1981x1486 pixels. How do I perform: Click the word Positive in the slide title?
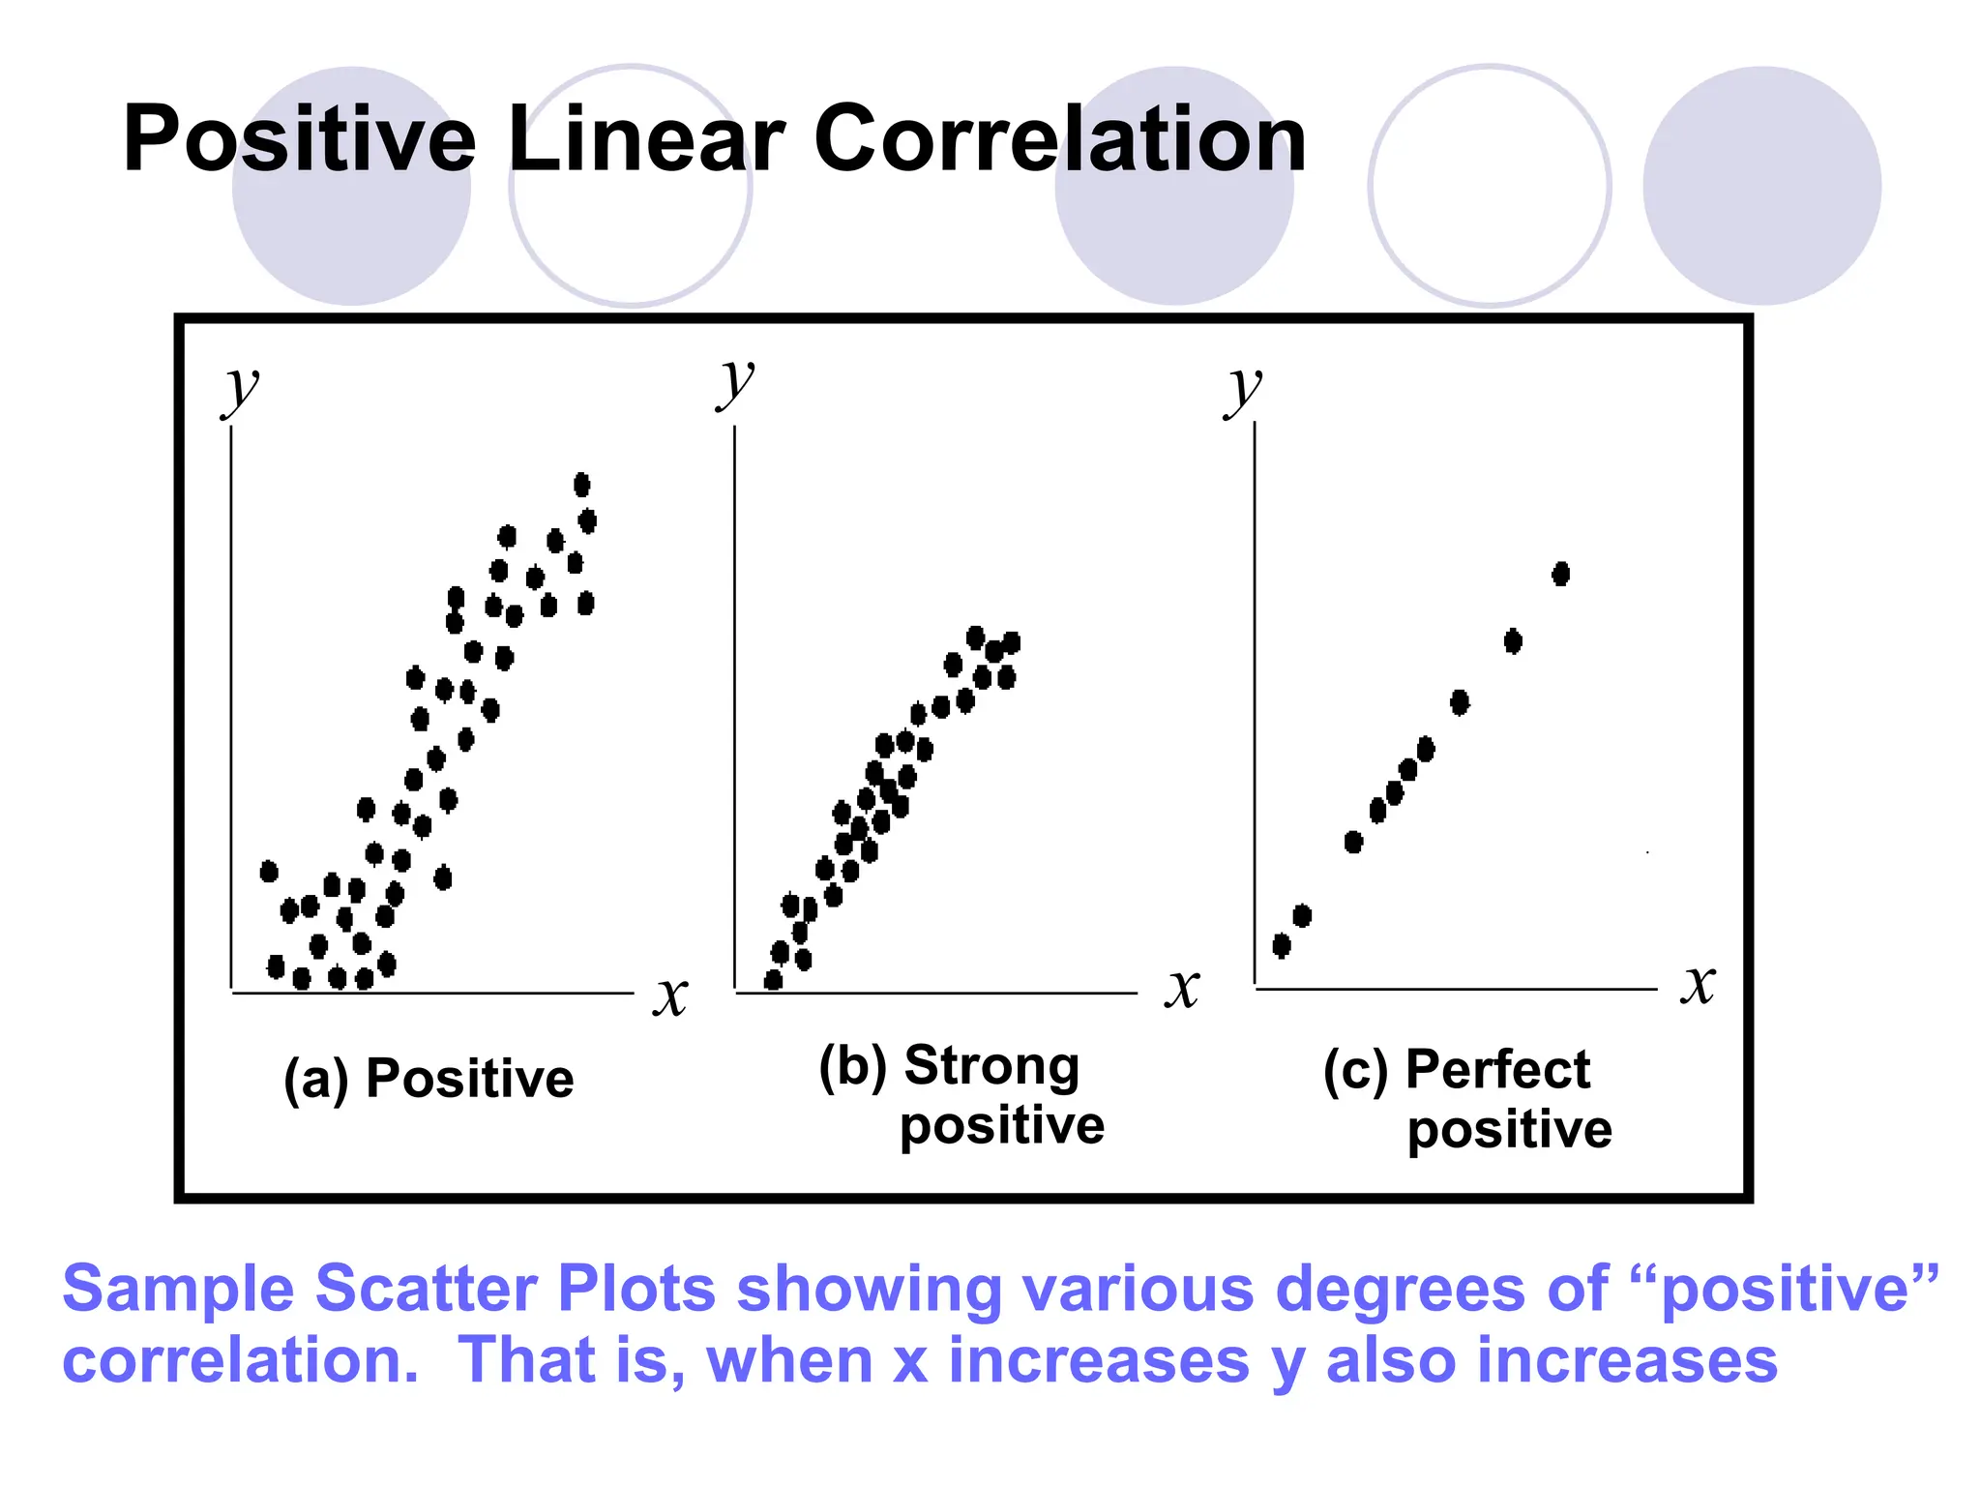coord(299,140)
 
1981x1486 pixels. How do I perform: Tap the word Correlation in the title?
coord(1060,140)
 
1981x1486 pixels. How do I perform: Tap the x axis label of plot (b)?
coord(1182,988)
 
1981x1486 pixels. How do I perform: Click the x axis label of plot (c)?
coord(1698,984)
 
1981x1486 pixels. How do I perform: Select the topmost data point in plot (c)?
coord(1560,574)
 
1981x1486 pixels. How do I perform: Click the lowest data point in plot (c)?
coord(1282,945)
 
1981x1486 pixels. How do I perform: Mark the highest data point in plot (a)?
coord(581,484)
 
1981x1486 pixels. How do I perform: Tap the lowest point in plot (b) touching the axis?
coord(773,981)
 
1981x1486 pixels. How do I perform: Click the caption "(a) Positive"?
coord(429,1079)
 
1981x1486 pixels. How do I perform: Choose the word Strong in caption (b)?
coord(991,1066)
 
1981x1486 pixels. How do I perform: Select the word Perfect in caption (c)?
coord(1497,1070)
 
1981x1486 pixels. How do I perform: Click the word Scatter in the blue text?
coord(425,1289)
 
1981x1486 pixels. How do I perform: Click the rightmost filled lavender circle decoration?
coord(1761,186)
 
